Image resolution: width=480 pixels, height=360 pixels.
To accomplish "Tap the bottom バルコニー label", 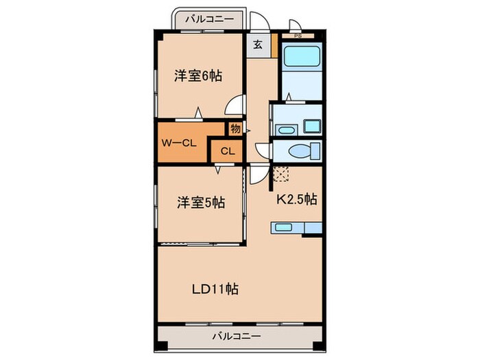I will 235,337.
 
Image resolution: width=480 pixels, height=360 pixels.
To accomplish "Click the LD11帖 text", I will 215,288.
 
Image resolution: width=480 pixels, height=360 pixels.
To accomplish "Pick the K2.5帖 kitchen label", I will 296,200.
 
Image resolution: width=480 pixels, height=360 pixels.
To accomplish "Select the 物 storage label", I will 235,128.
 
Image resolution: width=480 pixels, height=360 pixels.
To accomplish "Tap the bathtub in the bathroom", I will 299,55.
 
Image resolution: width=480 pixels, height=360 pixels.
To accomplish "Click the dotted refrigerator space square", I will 280,173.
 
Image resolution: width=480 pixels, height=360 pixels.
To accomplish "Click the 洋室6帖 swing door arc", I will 235,106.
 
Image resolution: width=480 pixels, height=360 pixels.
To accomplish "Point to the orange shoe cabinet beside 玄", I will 274,45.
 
